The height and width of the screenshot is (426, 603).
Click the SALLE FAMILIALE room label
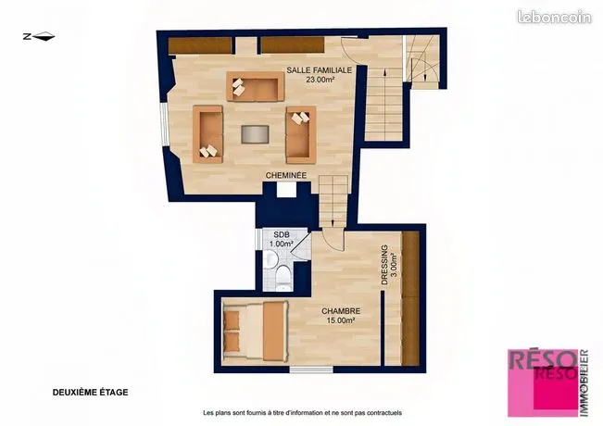pos(320,70)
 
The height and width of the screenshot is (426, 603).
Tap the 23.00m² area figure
pos(320,80)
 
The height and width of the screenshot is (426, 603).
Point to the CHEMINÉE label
pos(286,175)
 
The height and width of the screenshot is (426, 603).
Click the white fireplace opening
pos(286,190)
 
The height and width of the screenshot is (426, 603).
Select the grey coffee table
pos(255,134)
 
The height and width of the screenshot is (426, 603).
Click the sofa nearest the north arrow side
pos(207,134)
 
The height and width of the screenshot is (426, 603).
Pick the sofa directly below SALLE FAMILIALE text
pos(256,86)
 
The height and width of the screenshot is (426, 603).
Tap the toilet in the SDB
pos(283,277)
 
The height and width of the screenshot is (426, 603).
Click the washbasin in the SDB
pos(271,259)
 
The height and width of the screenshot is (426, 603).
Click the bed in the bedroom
pos(256,332)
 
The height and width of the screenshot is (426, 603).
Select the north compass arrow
pos(39,37)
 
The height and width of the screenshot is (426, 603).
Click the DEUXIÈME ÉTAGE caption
pos(91,393)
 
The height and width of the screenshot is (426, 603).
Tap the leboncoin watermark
pos(554,18)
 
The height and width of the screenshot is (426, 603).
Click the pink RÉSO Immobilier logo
pos(548,383)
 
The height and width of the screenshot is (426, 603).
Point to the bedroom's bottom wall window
pos(311,370)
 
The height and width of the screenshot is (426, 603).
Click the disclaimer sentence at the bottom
pos(302,413)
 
